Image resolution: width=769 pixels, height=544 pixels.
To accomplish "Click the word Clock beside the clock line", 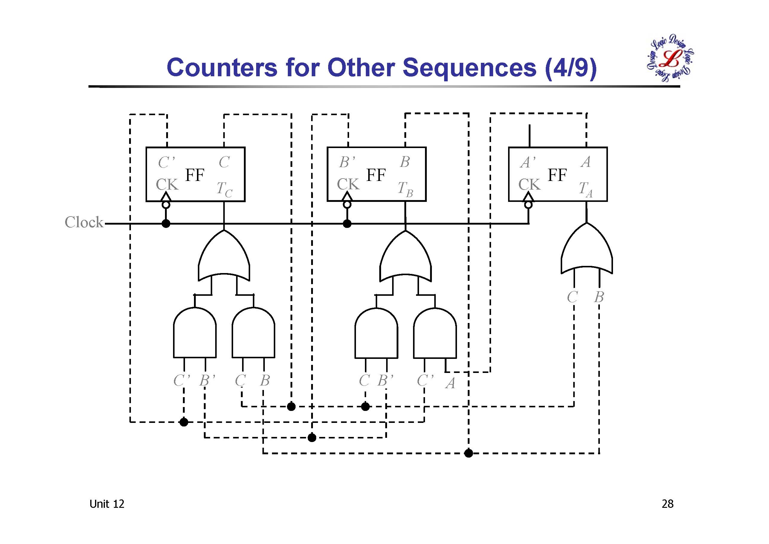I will [x=84, y=222].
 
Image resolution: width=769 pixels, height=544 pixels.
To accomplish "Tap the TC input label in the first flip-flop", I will [x=224, y=189].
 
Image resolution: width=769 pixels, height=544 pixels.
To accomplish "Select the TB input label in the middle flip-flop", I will [x=405, y=189].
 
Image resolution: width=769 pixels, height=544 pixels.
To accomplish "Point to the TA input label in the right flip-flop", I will [x=585, y=189].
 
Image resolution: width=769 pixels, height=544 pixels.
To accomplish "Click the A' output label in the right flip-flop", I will [x=528, y=163].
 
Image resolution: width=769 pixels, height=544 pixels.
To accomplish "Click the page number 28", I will [x=667, y=504].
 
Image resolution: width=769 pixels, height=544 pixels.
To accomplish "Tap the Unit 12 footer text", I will [x=106, y=504].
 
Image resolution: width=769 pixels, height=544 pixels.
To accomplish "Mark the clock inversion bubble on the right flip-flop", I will [x=528, y=205].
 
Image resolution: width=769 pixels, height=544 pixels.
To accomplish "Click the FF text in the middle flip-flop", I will [x=376, y=175].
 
